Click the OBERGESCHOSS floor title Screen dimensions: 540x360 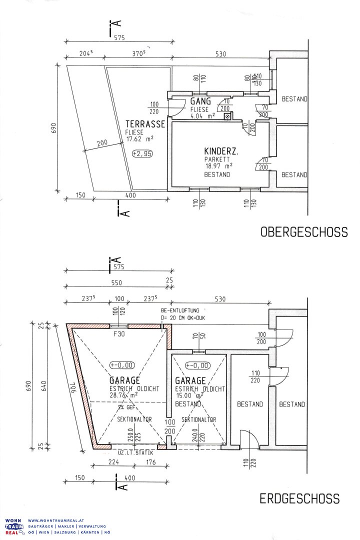pos(303,232)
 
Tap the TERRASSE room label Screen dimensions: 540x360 pos(145,124)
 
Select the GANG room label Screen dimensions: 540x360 pos(200,102)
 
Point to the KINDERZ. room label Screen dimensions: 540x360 pos(221,150)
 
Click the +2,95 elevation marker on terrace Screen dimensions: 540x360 pos(142,153)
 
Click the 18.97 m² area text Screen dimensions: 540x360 pos(218,166)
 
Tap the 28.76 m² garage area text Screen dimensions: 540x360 pos(123,394)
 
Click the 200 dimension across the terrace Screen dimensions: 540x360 pos(102,142)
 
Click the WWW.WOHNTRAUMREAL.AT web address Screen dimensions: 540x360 pos(51,520)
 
